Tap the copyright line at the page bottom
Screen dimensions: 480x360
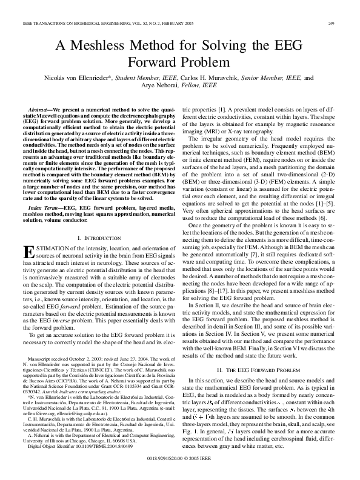pyautogui.click(x=180, y=460)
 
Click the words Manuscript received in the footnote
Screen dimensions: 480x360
pyautogui.click(x=50, y=359)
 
